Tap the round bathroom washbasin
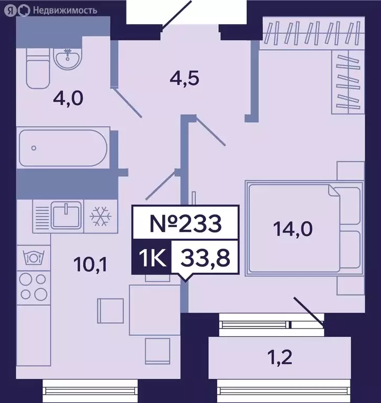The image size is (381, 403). pyautogui.click(x=67, y=58)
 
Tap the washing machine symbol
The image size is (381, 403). pyautogui.click(x=33, y=258)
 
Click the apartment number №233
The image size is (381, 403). pyautogui.click(x=183, y=224)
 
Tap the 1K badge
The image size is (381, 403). pyautogui.click(x=151, y=258)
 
